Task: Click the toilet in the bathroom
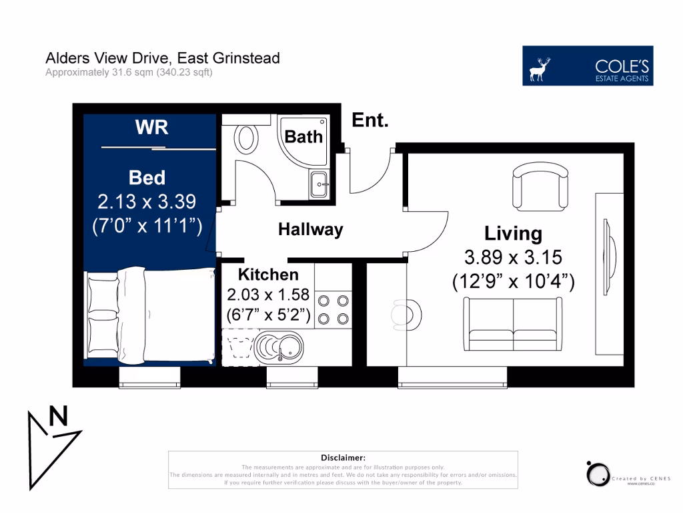coord(246,138)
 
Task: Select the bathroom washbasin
coord(319,184)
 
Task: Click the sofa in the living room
coord(513,325)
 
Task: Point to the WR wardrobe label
coord(151,128)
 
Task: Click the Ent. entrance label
coord(370,120)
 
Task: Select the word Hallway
coord(310,230)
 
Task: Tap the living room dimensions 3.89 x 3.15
coord(513,257)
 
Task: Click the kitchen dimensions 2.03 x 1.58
coord(268,295)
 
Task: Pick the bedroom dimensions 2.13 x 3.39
coord(147,201)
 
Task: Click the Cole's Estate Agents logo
coord(588,65)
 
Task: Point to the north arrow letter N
coord(59,417)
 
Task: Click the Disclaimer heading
coord(343,458)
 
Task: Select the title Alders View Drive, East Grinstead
coord(162,58)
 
